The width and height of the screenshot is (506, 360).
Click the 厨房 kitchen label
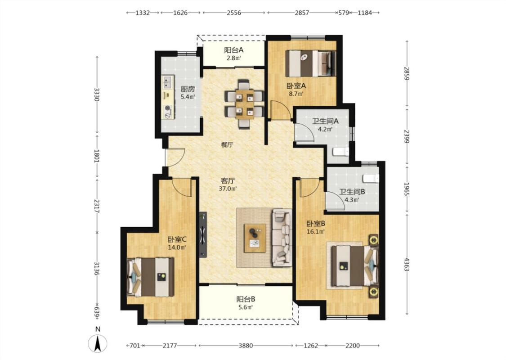[x=188, y=89]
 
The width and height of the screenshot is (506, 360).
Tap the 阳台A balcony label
[x=233, y=50]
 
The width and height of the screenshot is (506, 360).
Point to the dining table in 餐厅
[x=244, y=103]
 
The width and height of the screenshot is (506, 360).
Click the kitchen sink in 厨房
[x=167, y=82]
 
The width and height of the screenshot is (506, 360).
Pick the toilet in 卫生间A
[x=340, y=152]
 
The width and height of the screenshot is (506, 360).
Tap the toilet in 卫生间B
[x=371, y=178]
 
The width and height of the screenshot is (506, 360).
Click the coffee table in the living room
[x=255, y=238]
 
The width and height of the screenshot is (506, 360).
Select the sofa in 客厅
[x=282, y=238]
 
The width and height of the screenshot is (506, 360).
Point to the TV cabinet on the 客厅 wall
[x=203, y=235]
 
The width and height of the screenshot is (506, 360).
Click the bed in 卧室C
[x=150, y=277]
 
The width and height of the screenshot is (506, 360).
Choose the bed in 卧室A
[x=310, y=63]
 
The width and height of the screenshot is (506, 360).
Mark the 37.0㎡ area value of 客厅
[x=228, y=189]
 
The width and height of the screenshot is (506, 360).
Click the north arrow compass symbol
[x=98, y=343]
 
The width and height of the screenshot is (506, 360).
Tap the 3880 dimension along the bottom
[x=246, y=346]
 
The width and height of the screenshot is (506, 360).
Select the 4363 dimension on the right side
[x=407, y=264]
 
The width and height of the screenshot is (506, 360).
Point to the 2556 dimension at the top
[x=233, y=13]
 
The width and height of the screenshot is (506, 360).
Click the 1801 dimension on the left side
[x=97, y=156]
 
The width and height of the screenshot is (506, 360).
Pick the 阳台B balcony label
[x=246, y=299]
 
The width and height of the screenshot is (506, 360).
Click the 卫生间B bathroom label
[x=352, y=192]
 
